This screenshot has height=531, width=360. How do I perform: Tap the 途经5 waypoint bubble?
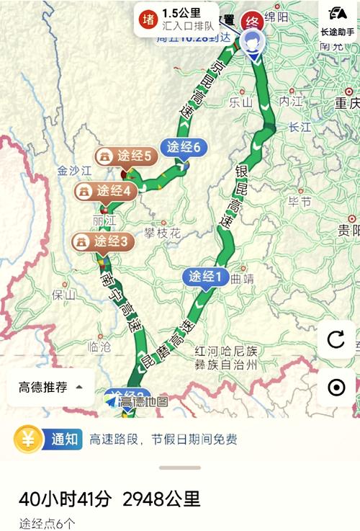pyautogui.click(x=127, y=156)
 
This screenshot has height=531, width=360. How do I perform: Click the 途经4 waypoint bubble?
pyautogui.click(x=106, y=191)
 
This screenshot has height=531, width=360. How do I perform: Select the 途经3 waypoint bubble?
pyautogui.click(x=103, y=241)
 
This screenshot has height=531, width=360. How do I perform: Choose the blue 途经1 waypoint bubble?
pyautogui.click(x=207, y=276)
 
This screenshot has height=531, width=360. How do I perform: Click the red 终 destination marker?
pyautogui.click(x=251, y=21)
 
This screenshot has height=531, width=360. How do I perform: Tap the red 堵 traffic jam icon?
pyautogui.click(x=148, y=19)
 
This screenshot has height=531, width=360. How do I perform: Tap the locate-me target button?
pyautogui.click(x=336, y=388)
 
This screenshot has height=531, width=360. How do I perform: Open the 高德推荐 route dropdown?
pyautogui.click(x=50, y=388)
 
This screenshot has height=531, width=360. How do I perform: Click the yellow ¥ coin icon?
pyautogui.click(x=28, y=439)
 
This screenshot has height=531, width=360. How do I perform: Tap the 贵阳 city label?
pyautogui.click(x=348, y=231)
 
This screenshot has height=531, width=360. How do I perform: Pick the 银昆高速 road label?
pyautogui.click(x=234, y=197)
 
